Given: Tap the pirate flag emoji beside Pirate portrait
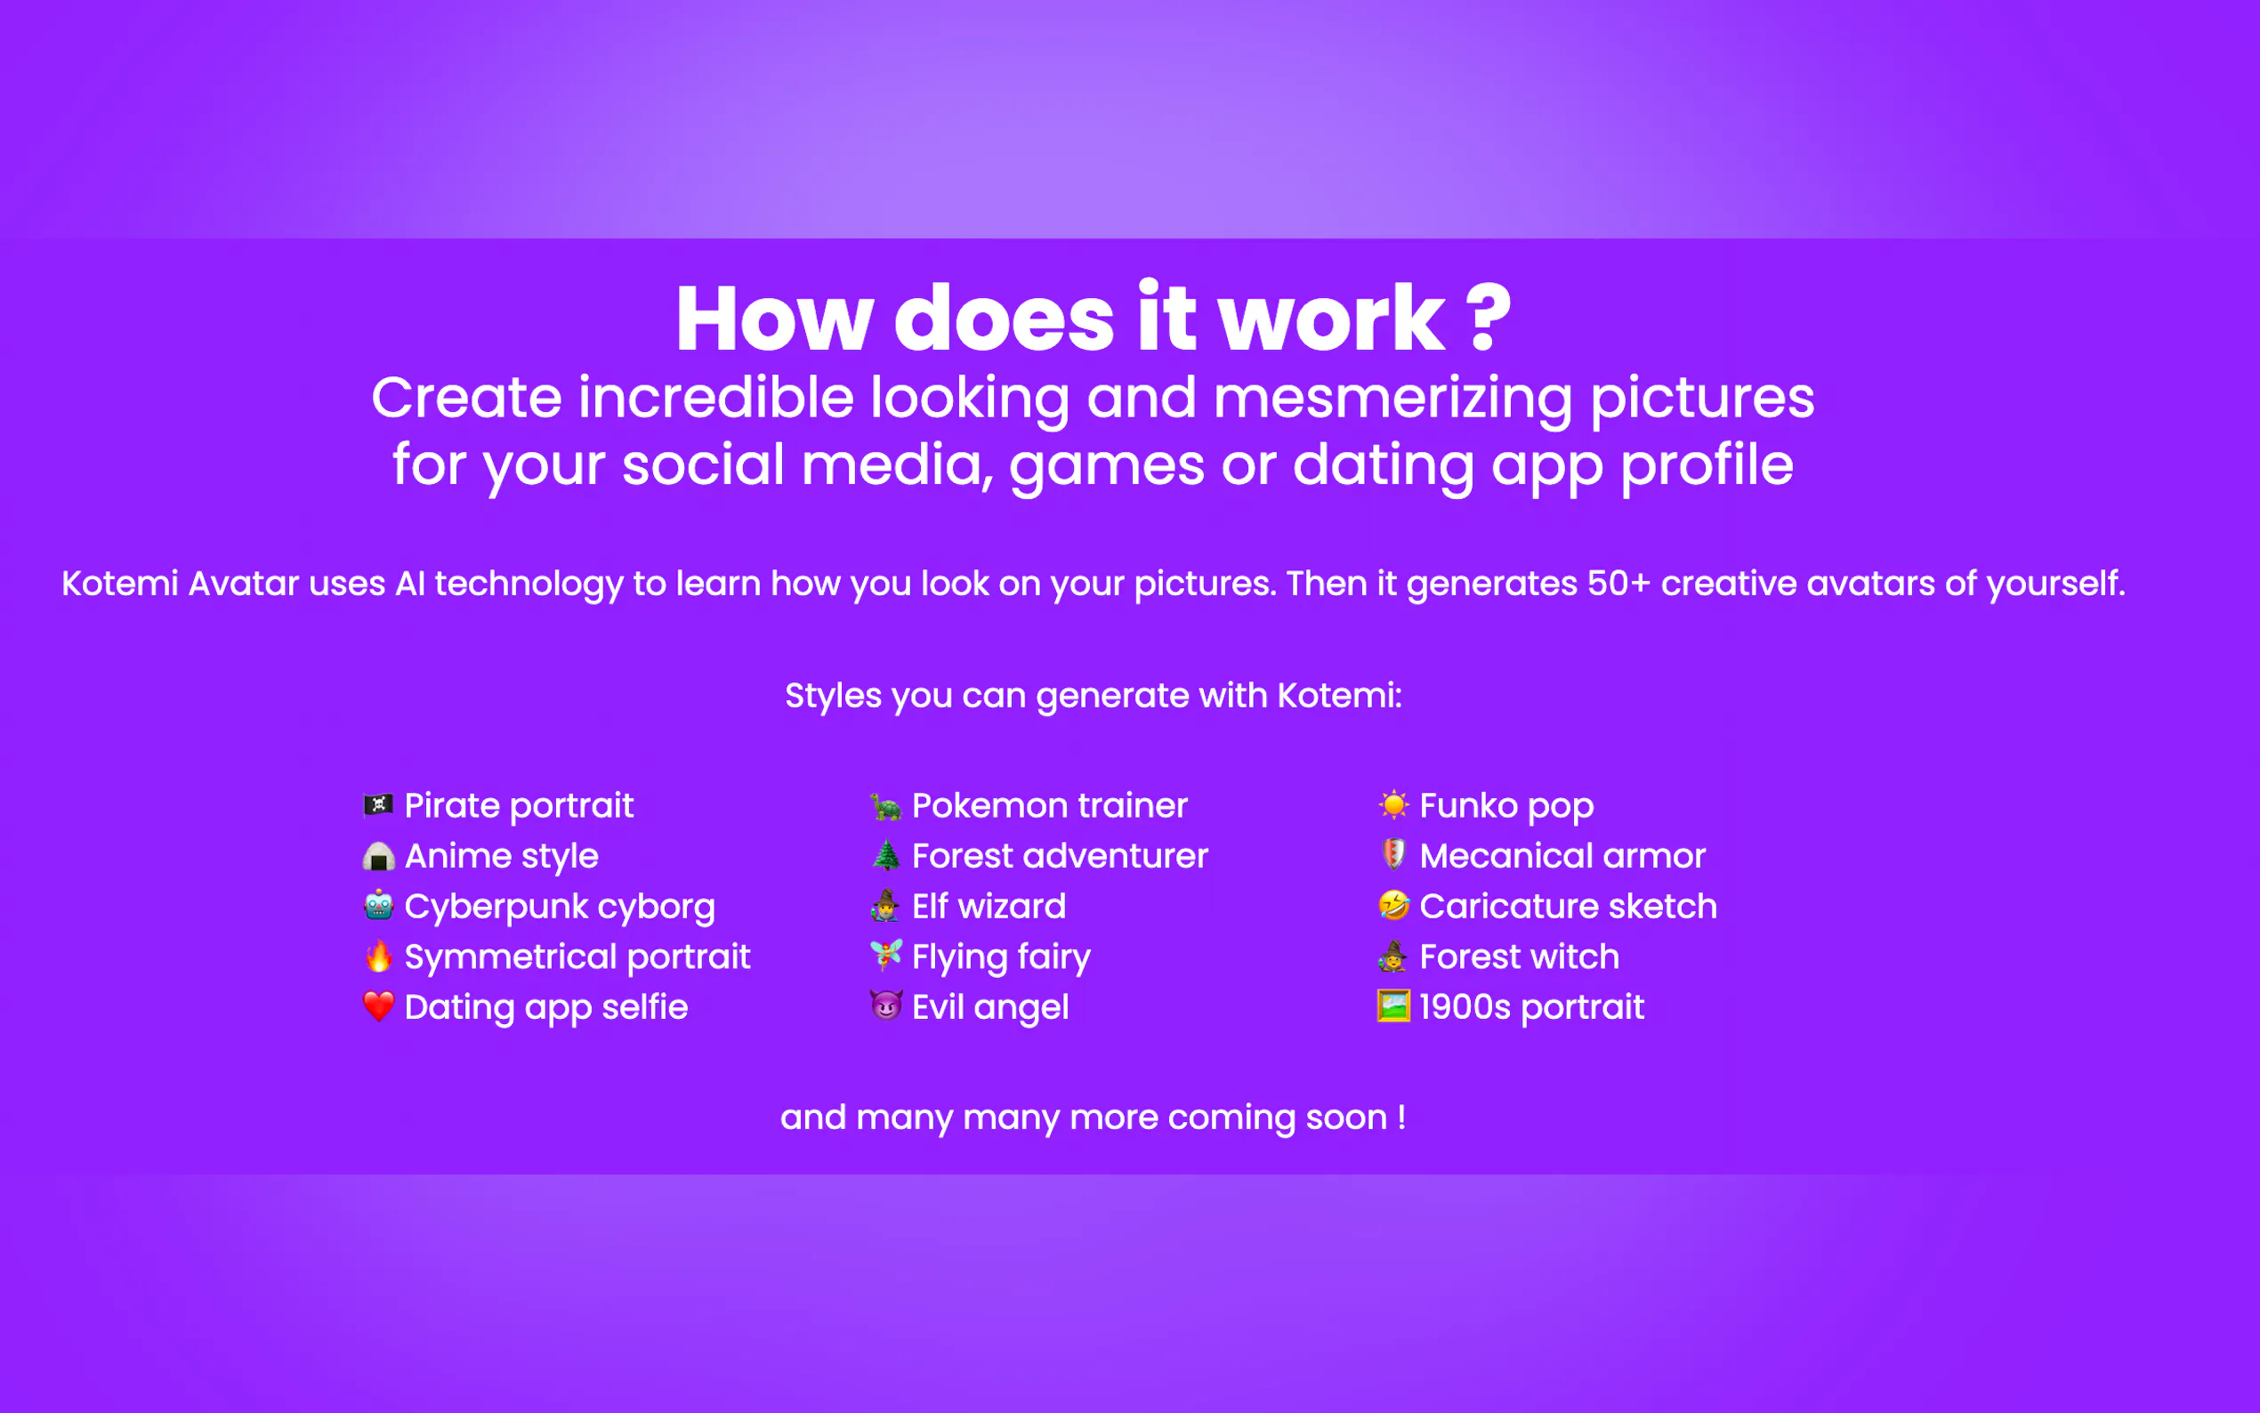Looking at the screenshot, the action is (378, 804).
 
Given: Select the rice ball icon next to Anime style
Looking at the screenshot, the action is (378, 856).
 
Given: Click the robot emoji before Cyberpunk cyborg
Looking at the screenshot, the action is (378, 905).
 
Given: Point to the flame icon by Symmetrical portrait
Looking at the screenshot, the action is (378, 955).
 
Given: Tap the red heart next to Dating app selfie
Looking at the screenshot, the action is (378, 1006).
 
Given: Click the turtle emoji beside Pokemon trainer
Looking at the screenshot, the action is (885, 805).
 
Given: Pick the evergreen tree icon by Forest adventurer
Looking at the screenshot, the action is (885, 855).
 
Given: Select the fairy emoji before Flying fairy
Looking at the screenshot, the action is (885, 955).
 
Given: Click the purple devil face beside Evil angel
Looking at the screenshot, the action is (885, 1005).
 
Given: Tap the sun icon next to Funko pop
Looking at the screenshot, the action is (1393, 804).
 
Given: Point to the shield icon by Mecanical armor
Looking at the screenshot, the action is (1393, 854).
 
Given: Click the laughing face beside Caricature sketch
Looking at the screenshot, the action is (1393, 905).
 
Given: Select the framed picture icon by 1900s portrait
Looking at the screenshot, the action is (1393, 1005).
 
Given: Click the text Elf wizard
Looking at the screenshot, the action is (989, 907).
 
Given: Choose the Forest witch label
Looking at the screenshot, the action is (1519, 957).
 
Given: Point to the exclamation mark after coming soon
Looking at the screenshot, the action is (1401, 1118).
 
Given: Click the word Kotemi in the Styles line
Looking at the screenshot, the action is (1339, 696).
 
